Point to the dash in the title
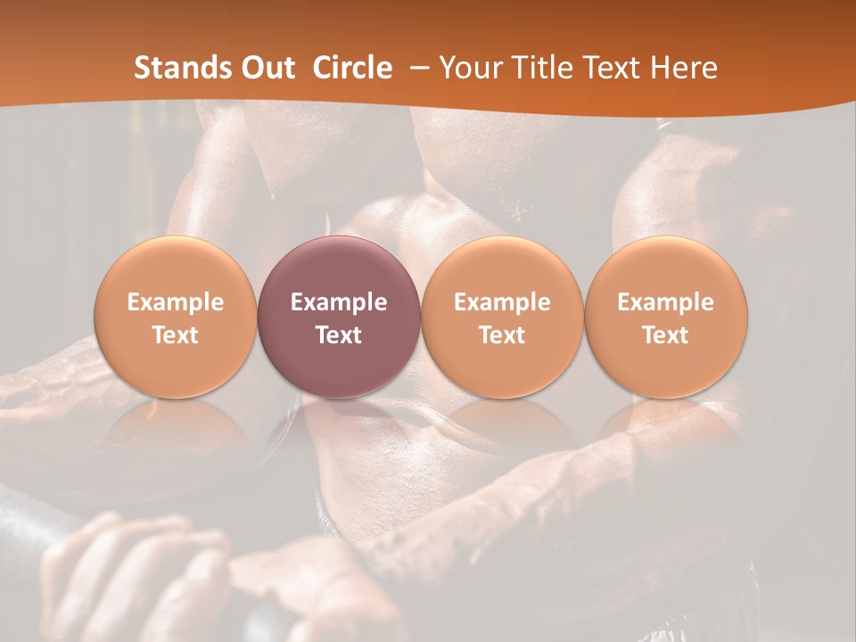tap(416, 68)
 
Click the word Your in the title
tap(469, 68)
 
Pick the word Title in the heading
tap(538, 68)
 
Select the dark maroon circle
tap(339, 357)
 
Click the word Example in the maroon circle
tap(339, 302)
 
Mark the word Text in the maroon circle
tap(339, 335)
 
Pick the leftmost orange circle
tap(176, 366)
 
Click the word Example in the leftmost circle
tap(176, 302)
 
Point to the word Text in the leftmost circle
tap(176, 335)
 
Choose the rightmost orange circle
tap(666, 366)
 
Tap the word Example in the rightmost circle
tap(666, 302)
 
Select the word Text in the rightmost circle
tap(666, 335)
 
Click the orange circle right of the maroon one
tap(502, 366)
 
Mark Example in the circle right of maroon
tap(502, 302)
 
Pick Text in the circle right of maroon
tap(502, 335)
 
